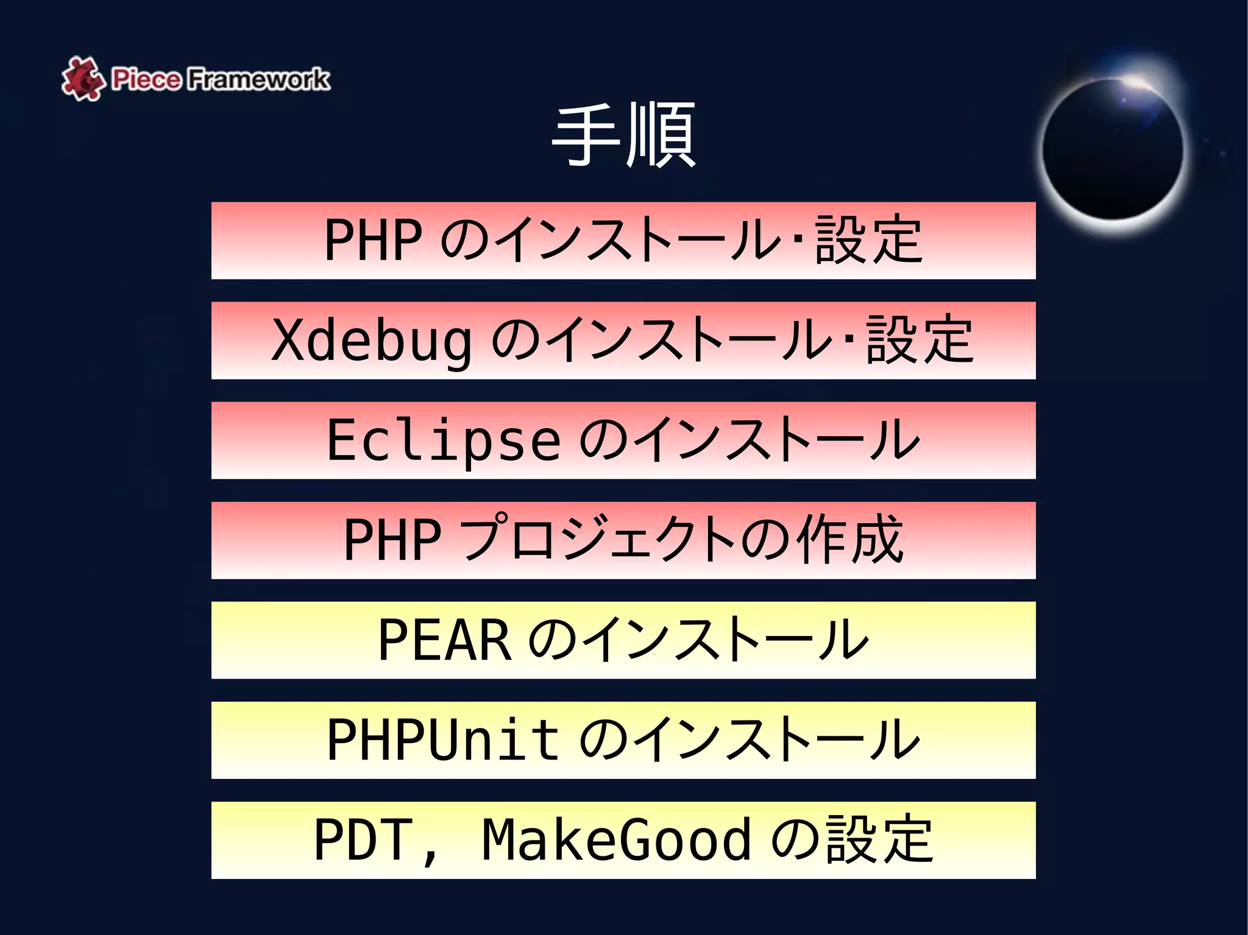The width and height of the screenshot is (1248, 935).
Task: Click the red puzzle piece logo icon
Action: point(82,78)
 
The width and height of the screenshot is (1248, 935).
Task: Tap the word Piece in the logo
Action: point(146,79)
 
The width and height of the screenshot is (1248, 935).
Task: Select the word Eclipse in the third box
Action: point(444,440)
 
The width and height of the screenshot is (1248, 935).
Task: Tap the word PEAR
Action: point(445,640)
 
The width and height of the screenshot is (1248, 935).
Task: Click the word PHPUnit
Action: point(443,739)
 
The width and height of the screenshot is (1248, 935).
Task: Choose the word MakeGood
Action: point(615,839)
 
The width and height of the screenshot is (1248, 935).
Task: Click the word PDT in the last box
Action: point(363,839)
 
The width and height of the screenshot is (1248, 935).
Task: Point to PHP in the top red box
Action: point(373,240)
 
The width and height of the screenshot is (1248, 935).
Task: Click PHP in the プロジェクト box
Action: point(392,540)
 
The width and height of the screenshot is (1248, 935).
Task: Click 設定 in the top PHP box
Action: point(868,240)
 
